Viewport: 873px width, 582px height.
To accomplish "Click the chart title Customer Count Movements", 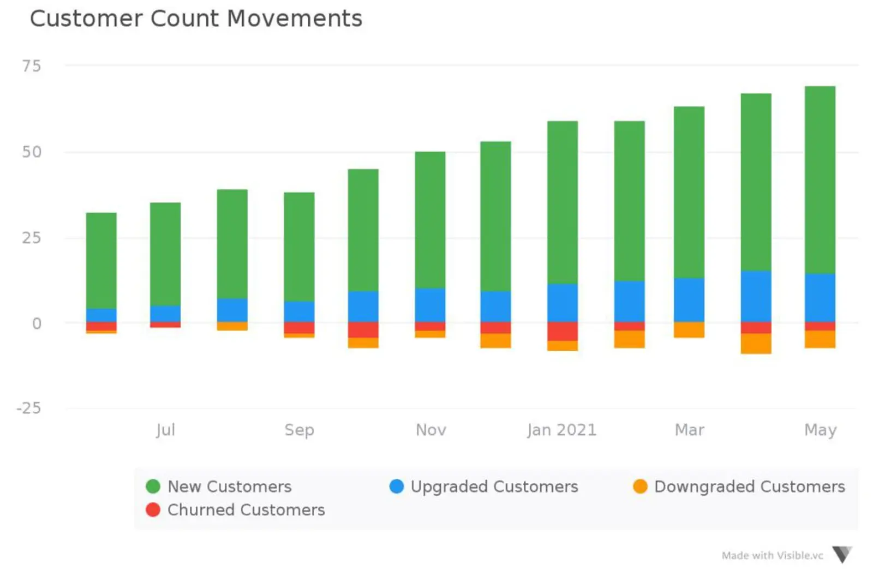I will click(196, 19).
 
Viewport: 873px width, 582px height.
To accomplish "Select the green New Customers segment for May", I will click(820, 180).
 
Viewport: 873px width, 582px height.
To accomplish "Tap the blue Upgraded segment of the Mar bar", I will click(689, 300).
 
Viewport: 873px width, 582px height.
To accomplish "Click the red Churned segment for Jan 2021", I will click(562, 331).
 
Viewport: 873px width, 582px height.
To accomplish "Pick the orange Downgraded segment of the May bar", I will click(820, 339).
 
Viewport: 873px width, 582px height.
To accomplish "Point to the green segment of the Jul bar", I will click(165, 254).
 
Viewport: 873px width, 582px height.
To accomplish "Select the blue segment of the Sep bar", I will click(299, 311).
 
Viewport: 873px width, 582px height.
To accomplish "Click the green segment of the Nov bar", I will click(430, 220).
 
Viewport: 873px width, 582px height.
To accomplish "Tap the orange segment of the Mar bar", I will click(689, 329).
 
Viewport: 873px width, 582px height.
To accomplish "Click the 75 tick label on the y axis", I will click(32, 66).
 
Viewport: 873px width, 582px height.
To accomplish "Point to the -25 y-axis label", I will click(29, 408).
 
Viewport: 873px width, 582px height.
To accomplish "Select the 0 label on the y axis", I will click(37, 323).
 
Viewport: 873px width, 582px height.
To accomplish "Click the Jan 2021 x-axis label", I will click(561, 430).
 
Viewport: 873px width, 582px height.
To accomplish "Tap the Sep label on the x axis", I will click(299, 430).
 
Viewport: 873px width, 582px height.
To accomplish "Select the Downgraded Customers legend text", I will click(749, 486).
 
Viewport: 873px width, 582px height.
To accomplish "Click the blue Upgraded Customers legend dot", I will click(397, 486).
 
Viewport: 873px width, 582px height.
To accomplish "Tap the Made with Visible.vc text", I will click(772, 555).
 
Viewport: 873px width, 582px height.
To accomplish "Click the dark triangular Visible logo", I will click(842, 554).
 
